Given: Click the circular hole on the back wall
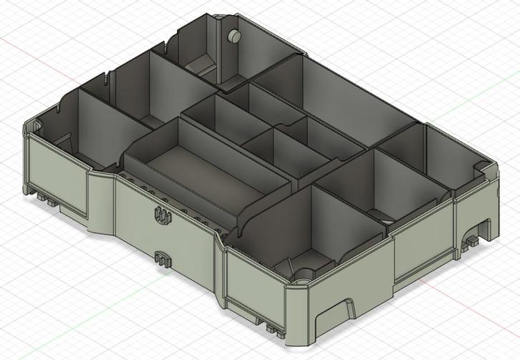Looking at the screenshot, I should click(x=233, y=37).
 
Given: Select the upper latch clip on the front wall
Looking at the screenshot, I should click(x=163, y=215).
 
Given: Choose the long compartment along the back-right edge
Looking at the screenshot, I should click(x=337, y=93).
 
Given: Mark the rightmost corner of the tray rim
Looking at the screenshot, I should click(x=494, y=167).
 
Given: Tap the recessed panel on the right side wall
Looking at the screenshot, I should click(x=423, y=236).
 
